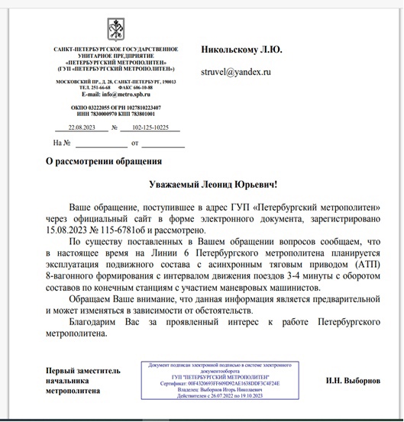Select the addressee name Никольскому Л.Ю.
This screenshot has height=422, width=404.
(241, 49)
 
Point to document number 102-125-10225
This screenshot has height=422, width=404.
(150, 127)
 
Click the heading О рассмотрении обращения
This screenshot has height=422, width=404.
(103, 161)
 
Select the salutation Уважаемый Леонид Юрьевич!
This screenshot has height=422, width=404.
(213, 185)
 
